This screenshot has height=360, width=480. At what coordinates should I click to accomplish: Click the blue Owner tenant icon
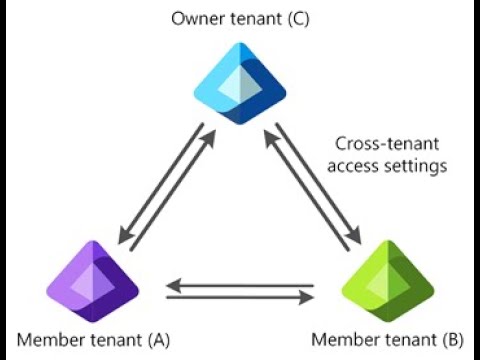tap(240, 87)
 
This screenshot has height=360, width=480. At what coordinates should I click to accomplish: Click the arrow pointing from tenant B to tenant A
tap(240, 284)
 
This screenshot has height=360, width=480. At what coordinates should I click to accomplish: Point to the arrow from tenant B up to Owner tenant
tap(306, 195)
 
